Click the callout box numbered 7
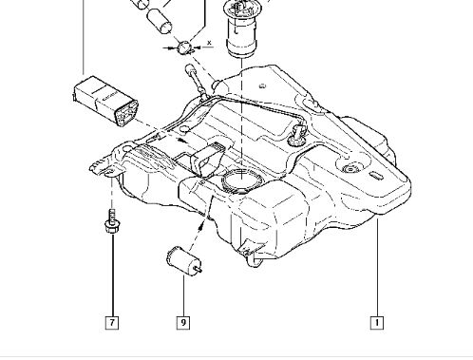click(112, 323)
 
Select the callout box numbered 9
click(183, 323)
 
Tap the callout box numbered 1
click(377, 323)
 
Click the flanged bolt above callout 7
click(112, 221)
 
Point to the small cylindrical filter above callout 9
click(183, 261)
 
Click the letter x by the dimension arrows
click(209, 42)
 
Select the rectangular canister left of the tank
click(105, 101)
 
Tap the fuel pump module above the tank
click(242, 29)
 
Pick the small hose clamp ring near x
click(185, 47)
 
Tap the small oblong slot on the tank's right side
click(376, 176)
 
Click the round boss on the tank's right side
click(350, 169)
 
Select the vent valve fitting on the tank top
click(297, 134)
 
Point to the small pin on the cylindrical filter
click(199, 270)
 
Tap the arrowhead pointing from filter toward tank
click(201, 225)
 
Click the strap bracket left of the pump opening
click(206, 159)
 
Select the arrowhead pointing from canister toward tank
click(181, 140)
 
